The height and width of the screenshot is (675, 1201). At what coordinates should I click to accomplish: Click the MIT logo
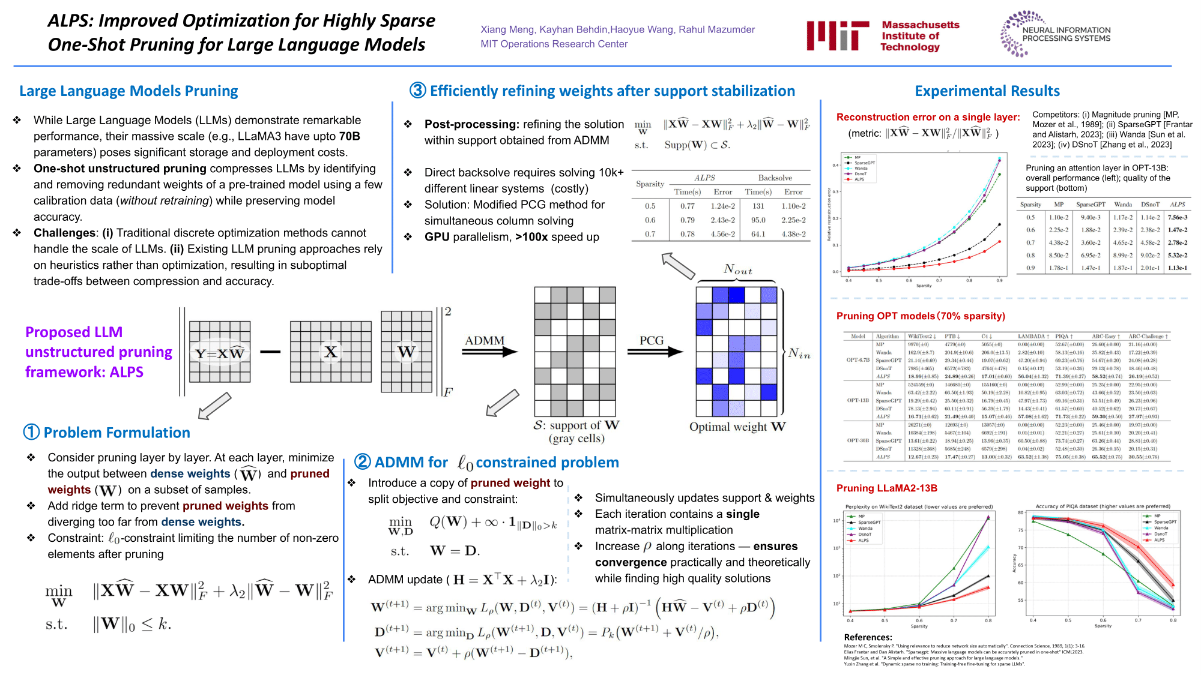(838, 35)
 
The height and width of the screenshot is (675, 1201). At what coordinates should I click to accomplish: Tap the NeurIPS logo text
(1066, 34)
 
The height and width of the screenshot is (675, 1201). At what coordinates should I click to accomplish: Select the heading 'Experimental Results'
(987, 91)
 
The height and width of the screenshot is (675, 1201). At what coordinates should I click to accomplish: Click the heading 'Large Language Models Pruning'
(129, 91)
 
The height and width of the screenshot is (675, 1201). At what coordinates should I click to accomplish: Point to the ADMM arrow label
(484, 341)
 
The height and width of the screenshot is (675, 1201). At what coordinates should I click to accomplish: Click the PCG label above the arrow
(652, 341)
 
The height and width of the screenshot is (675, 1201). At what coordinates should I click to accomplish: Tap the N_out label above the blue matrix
(737, 269)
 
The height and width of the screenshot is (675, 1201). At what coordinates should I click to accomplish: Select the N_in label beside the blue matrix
(799, 353)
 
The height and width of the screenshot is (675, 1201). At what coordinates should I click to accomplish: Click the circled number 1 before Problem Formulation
(31, 432)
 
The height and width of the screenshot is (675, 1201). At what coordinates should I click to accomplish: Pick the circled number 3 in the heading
(418, 91)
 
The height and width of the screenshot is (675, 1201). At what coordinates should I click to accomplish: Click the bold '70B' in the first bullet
(349, 136)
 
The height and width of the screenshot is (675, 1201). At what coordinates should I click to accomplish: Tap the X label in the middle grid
(330, 352)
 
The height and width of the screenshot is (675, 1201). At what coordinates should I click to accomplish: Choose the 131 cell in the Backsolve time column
(758, 206)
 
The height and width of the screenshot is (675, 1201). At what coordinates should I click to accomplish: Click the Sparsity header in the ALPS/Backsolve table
(650, 184)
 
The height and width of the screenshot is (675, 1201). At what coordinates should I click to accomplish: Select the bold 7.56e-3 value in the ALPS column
(1178, 217)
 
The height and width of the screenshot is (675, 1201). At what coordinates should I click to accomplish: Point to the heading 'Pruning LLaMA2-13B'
(886, 488)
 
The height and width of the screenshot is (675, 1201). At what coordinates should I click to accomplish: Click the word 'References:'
(868, 637)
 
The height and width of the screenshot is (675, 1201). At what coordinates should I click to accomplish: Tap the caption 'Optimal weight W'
(737, 427)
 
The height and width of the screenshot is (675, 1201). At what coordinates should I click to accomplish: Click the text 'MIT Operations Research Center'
(554, 44)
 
